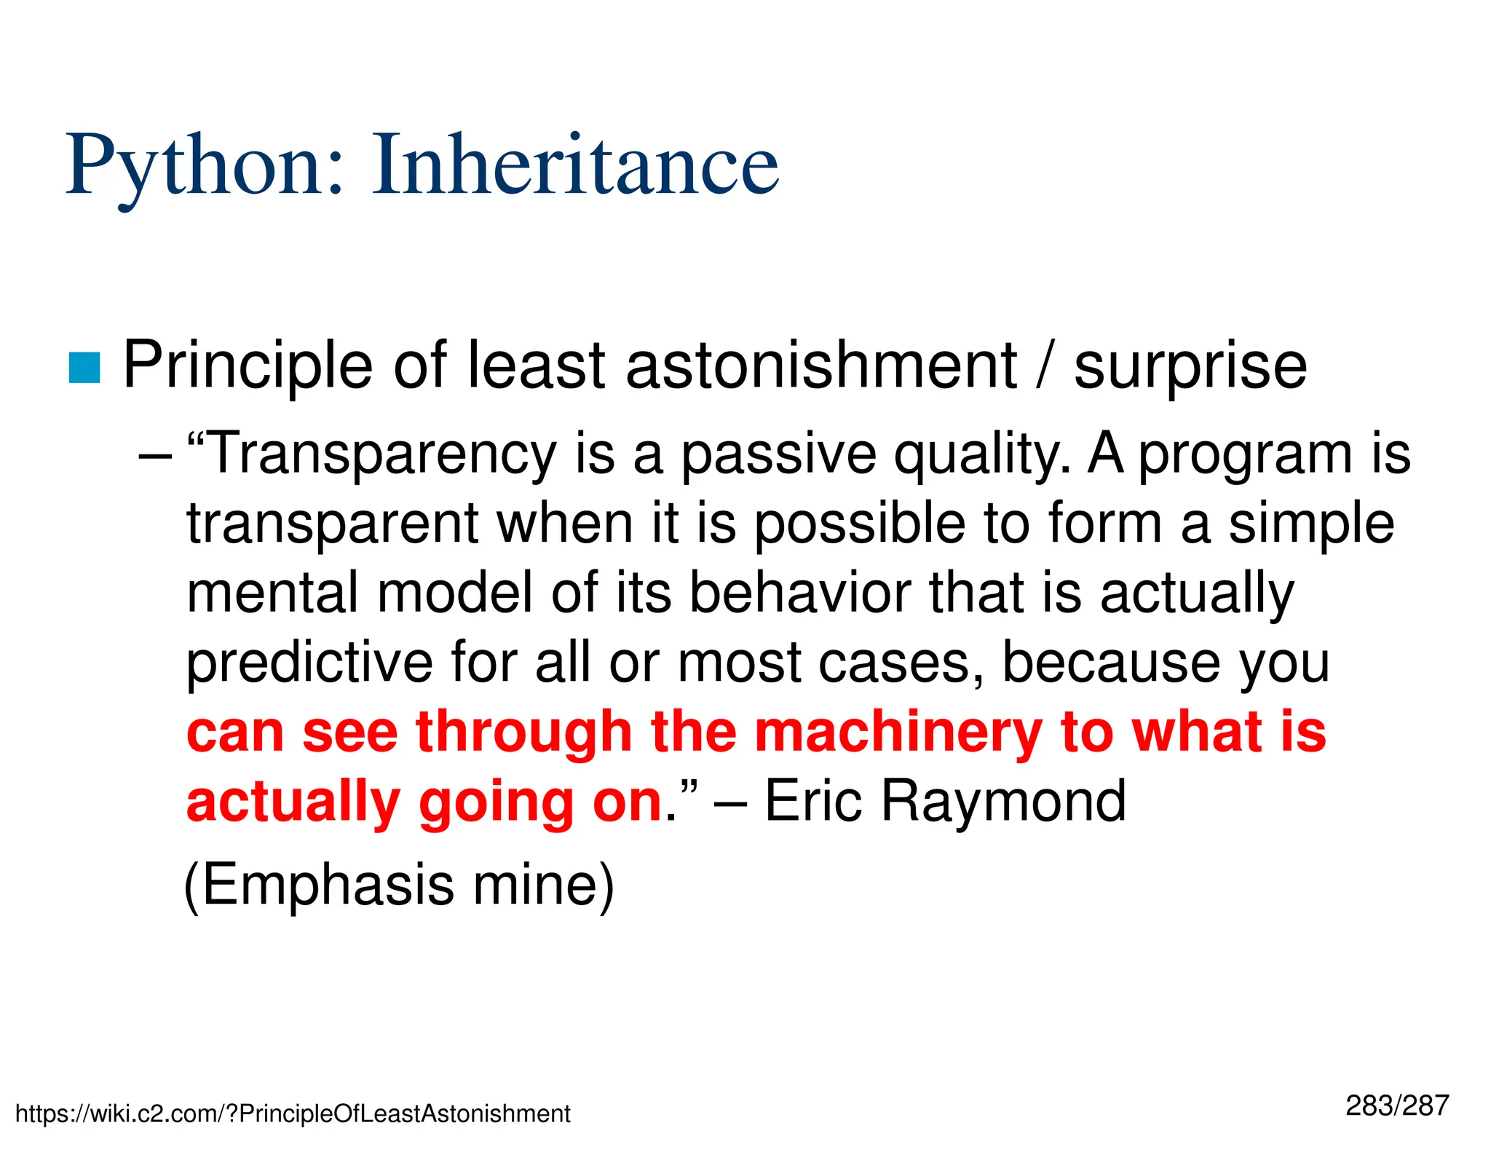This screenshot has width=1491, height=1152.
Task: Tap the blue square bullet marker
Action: click(x=84, y=368)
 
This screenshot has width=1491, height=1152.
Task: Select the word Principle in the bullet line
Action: click(x=248, y=366)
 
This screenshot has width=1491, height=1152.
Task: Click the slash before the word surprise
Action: click(x=1045, y=366)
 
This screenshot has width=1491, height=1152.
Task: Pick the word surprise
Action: click(x=1190, y=367)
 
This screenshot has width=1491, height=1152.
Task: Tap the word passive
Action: click(x=778, y=454)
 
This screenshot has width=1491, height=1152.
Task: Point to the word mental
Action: click(x=273, y=592)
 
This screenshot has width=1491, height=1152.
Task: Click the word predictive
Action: click(x=309, y=663)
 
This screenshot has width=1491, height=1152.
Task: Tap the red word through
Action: click(x=523, y=733)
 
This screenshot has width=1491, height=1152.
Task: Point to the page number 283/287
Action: click(x=1397, y=1105)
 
